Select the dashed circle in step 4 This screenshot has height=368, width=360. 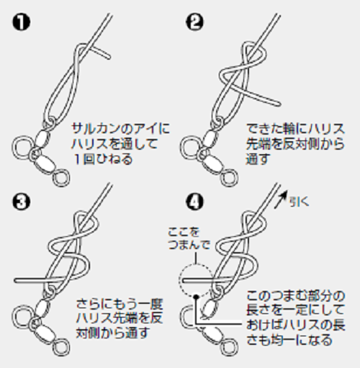coord(196,278)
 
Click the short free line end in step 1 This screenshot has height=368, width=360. coord(107,52)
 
